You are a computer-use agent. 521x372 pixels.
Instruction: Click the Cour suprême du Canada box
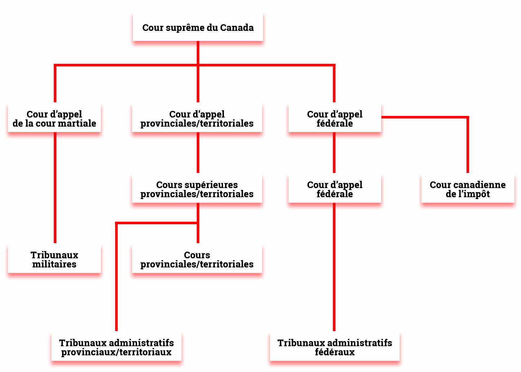pos(198,27)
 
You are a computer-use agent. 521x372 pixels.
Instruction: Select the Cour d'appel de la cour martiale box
pos(54,118)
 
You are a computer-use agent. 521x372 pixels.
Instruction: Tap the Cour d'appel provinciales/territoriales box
pos(197,118)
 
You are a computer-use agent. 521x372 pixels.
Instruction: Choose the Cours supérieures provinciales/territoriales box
pos(197,189)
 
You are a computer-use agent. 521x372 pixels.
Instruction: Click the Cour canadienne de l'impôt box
pos(468,189)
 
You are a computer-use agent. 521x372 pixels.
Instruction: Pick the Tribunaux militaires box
pos(54,259)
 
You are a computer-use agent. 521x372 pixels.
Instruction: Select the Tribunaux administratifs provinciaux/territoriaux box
pos(116,347)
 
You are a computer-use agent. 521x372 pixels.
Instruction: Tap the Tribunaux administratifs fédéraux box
pos(335,347)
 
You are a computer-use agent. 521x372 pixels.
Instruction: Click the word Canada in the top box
pos(237,27)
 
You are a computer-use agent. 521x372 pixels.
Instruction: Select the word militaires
pos(54,264)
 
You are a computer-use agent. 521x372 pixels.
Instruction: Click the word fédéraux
pos(335,352)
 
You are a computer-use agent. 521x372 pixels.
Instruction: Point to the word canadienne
pos(479,185)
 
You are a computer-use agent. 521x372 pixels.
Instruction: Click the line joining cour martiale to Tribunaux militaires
pos(55,187)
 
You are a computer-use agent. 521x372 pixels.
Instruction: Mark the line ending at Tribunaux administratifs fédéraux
pos(334,267)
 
